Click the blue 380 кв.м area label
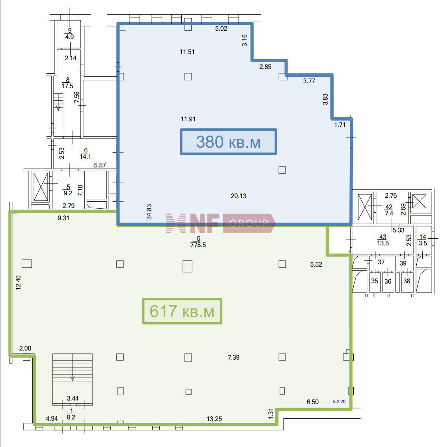coord(228,142)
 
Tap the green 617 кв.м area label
coord(182,311)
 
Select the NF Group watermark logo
coord(220,223)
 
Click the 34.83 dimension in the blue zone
coord(149,212)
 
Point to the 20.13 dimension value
coord(238,196)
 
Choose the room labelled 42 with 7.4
coord(389,210)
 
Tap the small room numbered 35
coord(374,281)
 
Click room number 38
coord(407,281)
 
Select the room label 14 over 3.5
coord(423,240)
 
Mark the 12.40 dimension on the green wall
coord(18,282)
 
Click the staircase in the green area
coord(73,379)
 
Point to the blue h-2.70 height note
coord(339,402)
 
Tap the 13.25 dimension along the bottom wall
coord(214,419)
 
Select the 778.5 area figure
coord(198,245)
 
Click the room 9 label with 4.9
coord(69,33)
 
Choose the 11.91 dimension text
coord(188,119)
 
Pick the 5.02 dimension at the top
coord(221,28)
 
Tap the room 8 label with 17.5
coord(67,83)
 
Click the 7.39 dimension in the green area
coord(233,358)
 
